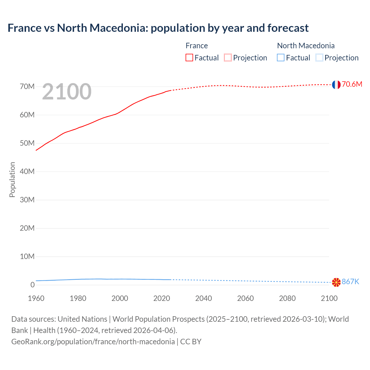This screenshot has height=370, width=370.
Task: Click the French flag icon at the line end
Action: pos(336,84)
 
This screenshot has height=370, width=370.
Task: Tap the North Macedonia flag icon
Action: pos(336,282)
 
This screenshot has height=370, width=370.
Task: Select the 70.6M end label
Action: pos(352,84)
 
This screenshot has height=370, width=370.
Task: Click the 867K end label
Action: pos(350,282)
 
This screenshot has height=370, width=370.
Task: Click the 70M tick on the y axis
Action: pos(27,87)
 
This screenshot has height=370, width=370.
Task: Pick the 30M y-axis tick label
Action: pos(27,200)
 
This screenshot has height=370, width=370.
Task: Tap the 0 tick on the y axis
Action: pos(32,285)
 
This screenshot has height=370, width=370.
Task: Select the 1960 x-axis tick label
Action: pos(36,298)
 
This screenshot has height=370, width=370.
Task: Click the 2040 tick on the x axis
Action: pos(203,298)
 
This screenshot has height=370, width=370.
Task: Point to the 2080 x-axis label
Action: pos(287,298)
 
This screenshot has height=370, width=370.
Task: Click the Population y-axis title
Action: pos(12,180)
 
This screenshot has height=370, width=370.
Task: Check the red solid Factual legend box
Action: pos(189,58)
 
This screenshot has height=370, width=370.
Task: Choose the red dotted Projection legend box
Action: pos(228,58)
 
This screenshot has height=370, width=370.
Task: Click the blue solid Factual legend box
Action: pos(281,58)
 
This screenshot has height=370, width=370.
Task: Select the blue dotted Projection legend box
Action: pos(319,58)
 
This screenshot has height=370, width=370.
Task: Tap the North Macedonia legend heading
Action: pos(306,46)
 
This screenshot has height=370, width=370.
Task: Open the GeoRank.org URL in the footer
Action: pos(93,342)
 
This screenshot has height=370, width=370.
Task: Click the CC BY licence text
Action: pos(191,342)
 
